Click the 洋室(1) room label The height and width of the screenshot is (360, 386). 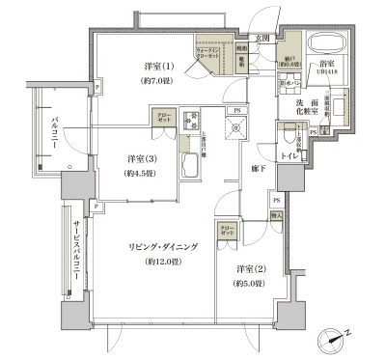pyautogui.click(x=159, y=66)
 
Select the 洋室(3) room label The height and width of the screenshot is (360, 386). pyautogui.click(x=141, y=158)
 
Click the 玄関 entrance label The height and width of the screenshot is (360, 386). pyautogui.click(x=260, y=39)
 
